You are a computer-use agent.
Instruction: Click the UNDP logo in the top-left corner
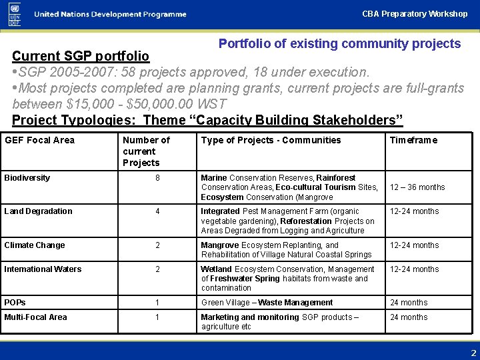15,13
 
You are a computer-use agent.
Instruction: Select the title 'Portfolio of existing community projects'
339,44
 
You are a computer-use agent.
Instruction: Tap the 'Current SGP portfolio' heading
81,56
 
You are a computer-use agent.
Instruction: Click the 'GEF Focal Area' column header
39,140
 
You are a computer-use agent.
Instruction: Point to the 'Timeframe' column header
413,140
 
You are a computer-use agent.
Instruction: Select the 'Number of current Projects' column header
146,151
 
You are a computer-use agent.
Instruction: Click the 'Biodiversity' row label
27,178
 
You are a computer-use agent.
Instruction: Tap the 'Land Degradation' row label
38,211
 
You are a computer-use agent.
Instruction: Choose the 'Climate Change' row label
35,245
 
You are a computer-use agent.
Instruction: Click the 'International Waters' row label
43,269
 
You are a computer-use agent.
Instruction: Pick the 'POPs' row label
15,303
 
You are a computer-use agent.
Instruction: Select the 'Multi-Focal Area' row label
35,317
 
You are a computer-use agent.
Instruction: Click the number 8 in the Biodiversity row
157,178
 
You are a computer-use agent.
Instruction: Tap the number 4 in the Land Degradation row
157,211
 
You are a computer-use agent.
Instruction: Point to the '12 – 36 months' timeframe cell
417,187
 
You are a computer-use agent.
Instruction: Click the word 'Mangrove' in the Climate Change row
217,245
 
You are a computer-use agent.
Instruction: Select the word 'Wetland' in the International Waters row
216,269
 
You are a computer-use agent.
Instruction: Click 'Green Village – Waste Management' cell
267,303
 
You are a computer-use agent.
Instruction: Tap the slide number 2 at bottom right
473,353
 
